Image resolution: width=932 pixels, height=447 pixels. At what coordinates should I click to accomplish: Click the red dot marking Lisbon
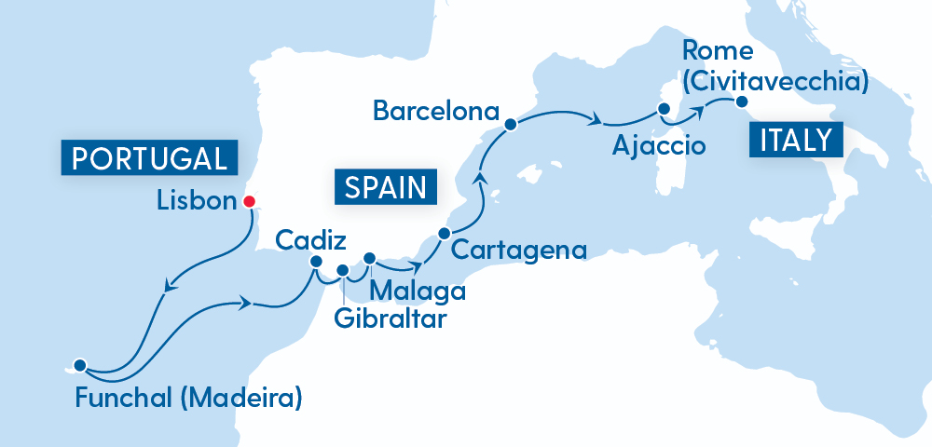(x=249, y=201)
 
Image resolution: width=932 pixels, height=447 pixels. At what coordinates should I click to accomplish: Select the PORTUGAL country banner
(x=149, y=157)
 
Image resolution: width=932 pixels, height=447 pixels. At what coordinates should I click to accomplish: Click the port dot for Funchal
(x=80, y=365)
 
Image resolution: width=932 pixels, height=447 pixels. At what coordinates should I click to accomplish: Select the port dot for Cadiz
(x=316, y=262)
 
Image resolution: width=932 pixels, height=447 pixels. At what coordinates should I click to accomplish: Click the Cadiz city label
(x=311, y=240)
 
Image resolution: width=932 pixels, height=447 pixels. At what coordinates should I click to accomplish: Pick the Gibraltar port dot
(x=342, y=271)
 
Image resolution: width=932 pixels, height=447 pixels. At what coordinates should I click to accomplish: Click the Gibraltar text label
(x=390, y=319)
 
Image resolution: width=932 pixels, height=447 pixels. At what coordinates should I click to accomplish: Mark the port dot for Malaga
(x=369, y=258)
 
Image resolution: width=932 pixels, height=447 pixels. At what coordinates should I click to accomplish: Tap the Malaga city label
(x=418, y=291)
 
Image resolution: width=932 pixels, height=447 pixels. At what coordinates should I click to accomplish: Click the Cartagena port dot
(x=445, y=233)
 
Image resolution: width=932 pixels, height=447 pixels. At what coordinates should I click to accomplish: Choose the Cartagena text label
(x=518, y=250)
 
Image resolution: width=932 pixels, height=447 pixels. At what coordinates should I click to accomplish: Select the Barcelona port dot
(x=510, y=123)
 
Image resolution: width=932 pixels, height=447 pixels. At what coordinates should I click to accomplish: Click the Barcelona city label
(x=432, y=111)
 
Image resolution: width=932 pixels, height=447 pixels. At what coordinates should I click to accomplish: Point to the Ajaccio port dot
(x=665, y=109)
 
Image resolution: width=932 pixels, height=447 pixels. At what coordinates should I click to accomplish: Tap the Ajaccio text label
(x=659, y=145)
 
